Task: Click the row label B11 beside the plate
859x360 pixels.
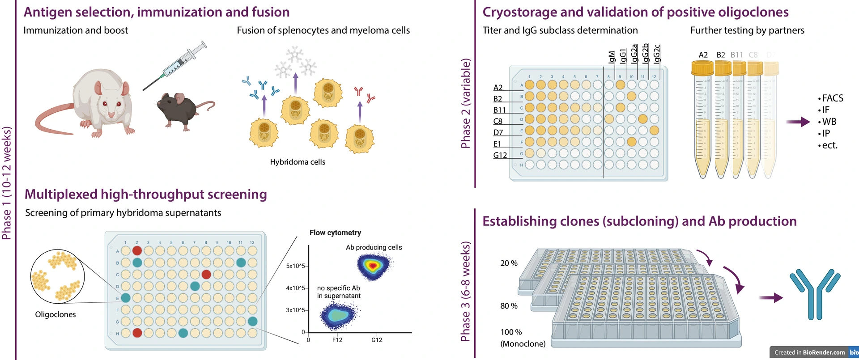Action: tap(499, 110)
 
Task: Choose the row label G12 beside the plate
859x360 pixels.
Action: tap(500, 155)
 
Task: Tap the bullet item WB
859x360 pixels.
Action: tap(829, 122)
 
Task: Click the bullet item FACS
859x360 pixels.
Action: tap(832, 98)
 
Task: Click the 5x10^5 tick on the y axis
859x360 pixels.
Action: tap(295, 266)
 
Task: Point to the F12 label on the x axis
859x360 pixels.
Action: tap(337, 340)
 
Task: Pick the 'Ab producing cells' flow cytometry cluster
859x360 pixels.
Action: tap(373, 266)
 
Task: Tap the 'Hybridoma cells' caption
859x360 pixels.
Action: tap(298, 162)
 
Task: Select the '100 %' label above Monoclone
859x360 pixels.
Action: tap(511, 332)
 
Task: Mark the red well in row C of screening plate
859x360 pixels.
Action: tap(206, 274)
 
